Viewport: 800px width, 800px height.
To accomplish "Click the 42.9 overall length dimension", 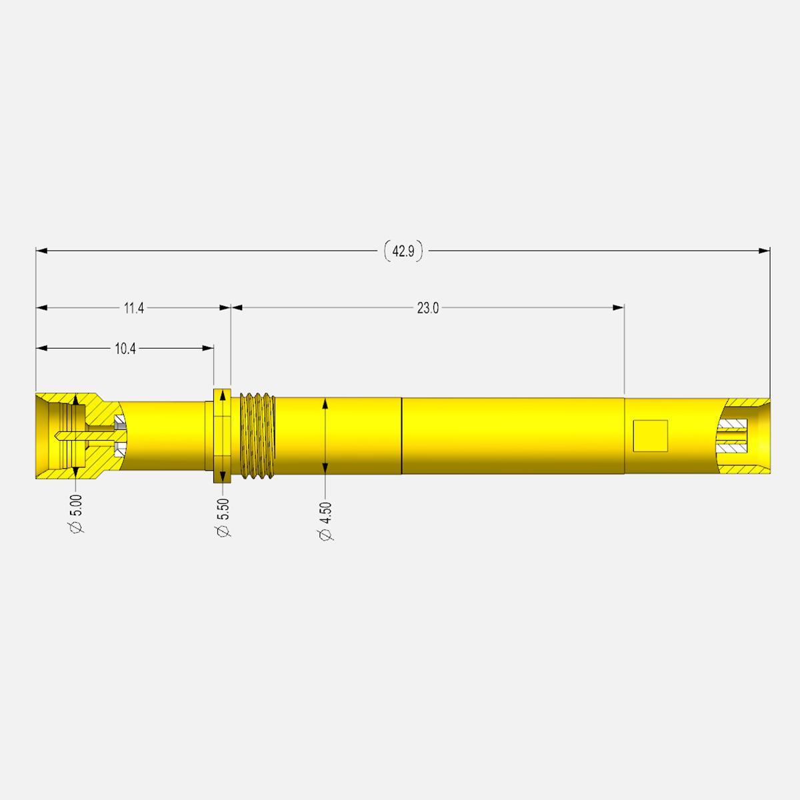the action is pos(403,251).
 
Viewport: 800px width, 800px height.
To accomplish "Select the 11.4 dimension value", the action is pos(134,308).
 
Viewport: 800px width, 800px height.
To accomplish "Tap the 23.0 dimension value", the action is pos(427,308).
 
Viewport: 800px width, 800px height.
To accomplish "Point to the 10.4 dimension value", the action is pos(125,348).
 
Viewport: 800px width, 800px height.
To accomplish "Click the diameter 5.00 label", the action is pos(77,513).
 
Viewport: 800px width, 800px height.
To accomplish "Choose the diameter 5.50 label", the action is pos(223,518).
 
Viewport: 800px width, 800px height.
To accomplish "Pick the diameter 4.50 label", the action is pos(326,521).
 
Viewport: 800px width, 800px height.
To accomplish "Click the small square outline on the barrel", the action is pos(650,436).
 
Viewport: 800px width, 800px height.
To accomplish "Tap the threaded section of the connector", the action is pos(258,436).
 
